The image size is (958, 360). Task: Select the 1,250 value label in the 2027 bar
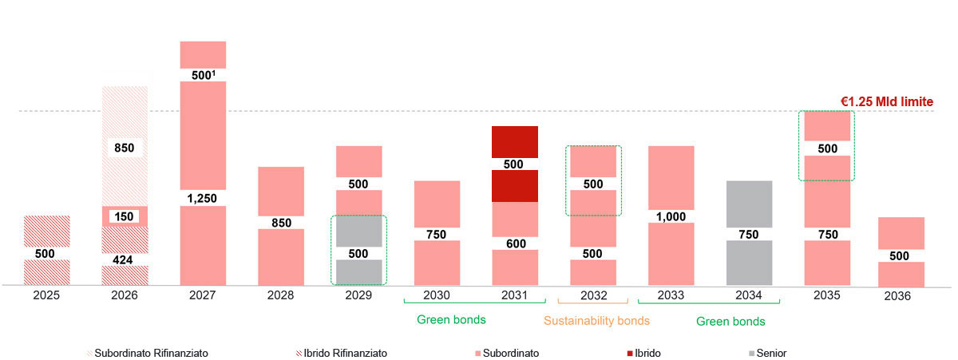click(203, 198)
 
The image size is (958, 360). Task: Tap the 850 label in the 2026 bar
click(125, 148)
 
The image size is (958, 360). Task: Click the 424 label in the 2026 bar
click(125, 259)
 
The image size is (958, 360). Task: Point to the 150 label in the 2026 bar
click(125, 217)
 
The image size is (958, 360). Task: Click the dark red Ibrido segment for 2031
click(515, 144)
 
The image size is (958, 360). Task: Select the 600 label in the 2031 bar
click(515, 244)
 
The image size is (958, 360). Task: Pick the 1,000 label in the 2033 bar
click(671, 216)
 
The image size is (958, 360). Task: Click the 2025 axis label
click(46, 295)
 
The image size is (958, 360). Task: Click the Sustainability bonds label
click(596, 321)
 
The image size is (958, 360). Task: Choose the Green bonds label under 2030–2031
click(451, 320)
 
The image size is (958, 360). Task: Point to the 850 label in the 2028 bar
click(281, 224)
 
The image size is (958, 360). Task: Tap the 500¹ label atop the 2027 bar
click(203, 75)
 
